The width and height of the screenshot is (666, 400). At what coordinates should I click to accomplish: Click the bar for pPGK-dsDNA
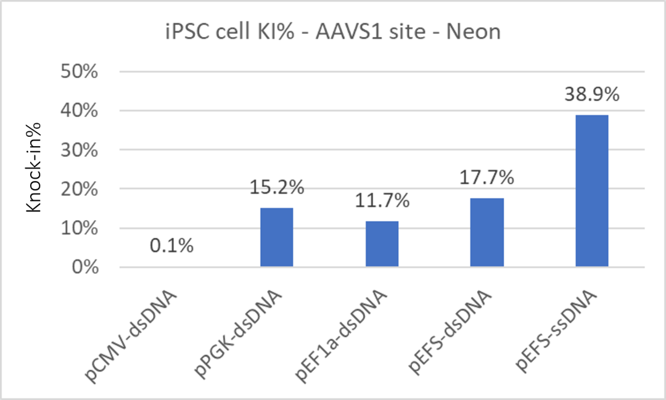click(276, 237)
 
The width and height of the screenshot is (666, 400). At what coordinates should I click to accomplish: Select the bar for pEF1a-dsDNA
click(382, 244)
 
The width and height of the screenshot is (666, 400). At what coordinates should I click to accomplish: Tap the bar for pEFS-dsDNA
click(487, 232)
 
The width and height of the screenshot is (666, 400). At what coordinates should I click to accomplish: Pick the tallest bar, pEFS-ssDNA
click(591, 191)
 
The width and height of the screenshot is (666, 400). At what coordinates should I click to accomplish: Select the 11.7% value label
click(382, 201)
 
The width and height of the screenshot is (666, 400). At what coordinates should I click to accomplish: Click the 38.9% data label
click(591, 95)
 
